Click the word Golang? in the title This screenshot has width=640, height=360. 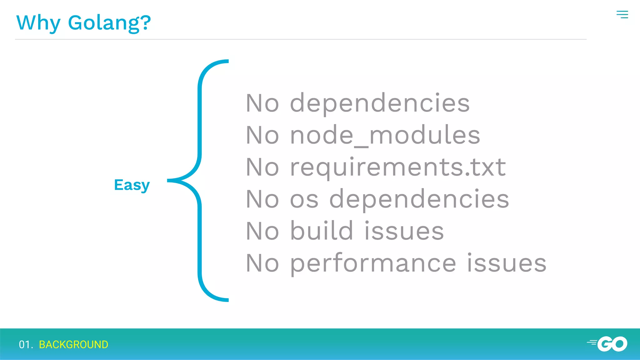[x=109, y=23]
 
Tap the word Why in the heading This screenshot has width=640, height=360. [x=38, y=23]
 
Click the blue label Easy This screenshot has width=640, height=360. [x=132, y=185]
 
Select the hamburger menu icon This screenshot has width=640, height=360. [x=622, y=14]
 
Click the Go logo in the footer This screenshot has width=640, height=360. [x=608, y=344]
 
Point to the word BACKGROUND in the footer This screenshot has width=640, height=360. [x=73, y=344]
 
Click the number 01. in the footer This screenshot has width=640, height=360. [x=26, y=344]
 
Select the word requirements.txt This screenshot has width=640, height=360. [x=398, y=167]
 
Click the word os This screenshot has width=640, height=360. [x=304, y=199]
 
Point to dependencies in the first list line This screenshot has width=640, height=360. [x=380, y=103]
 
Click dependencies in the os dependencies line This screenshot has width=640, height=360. [x=419, y=199]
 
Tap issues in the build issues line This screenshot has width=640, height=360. [x=404, y=231]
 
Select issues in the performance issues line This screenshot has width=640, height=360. [x=507, y=263]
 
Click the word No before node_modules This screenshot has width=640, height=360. [x=262, y=135]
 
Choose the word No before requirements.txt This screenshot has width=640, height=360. [x=262, y=167]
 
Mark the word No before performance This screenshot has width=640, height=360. [x=262, y=263]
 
